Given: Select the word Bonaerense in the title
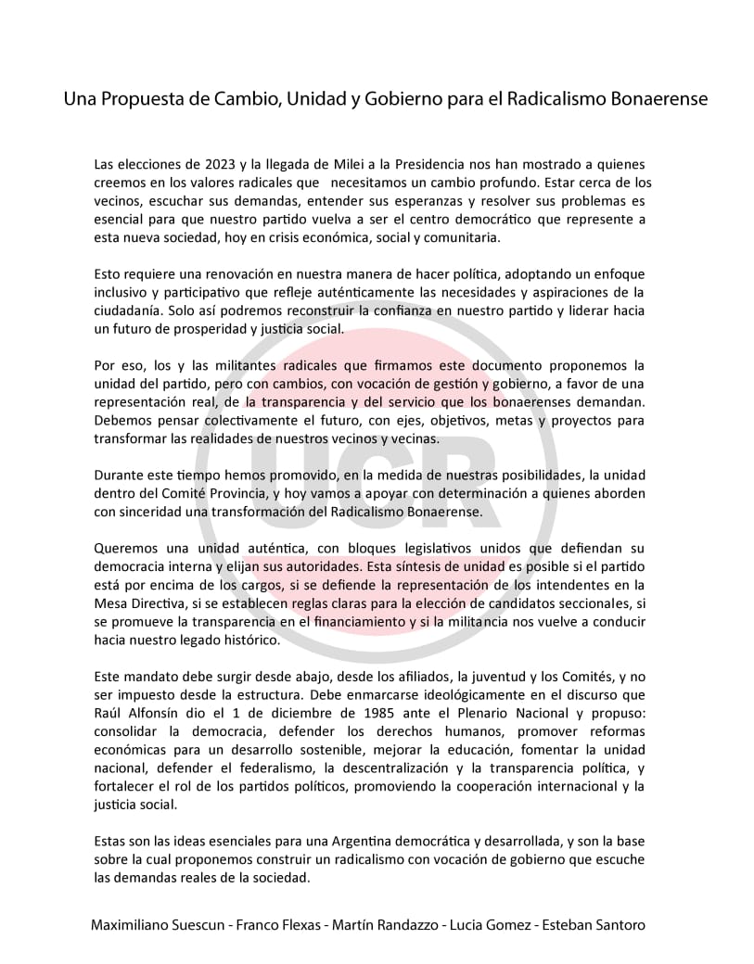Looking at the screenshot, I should click(x=654, y=98).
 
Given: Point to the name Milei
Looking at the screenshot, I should click(x=348, y=164).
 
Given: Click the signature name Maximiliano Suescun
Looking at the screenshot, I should click(x=162, y=926).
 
